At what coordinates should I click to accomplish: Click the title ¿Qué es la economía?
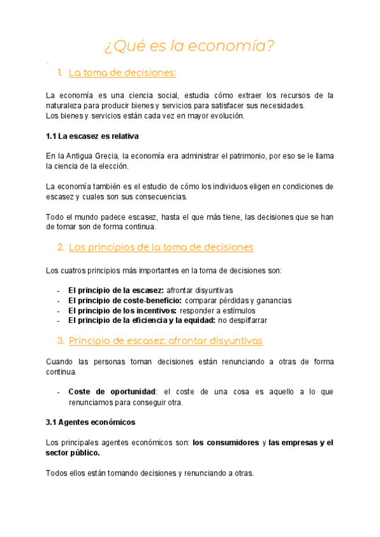(189, 46)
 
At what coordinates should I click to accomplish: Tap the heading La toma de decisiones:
(122, 73)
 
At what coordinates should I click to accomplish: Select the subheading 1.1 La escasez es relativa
(92, 136)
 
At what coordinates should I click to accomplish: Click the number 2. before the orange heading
(61, 247)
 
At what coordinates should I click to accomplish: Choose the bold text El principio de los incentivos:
(122, 310)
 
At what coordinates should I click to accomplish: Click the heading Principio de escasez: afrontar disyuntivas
(165, 341)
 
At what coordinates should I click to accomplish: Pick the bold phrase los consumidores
(225, 443)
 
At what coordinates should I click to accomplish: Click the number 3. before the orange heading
(61, 341)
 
